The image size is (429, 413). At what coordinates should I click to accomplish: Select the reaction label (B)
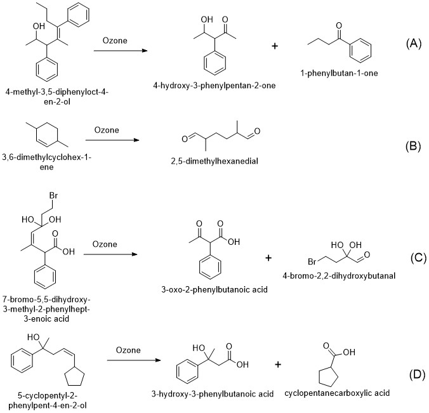(x=413, y=147)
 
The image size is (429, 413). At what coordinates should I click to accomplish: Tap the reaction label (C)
(x=413, y=259)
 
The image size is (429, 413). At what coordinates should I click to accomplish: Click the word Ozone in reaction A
(x=115, y=42)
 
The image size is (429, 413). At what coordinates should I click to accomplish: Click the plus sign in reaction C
(x=267, y=258)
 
